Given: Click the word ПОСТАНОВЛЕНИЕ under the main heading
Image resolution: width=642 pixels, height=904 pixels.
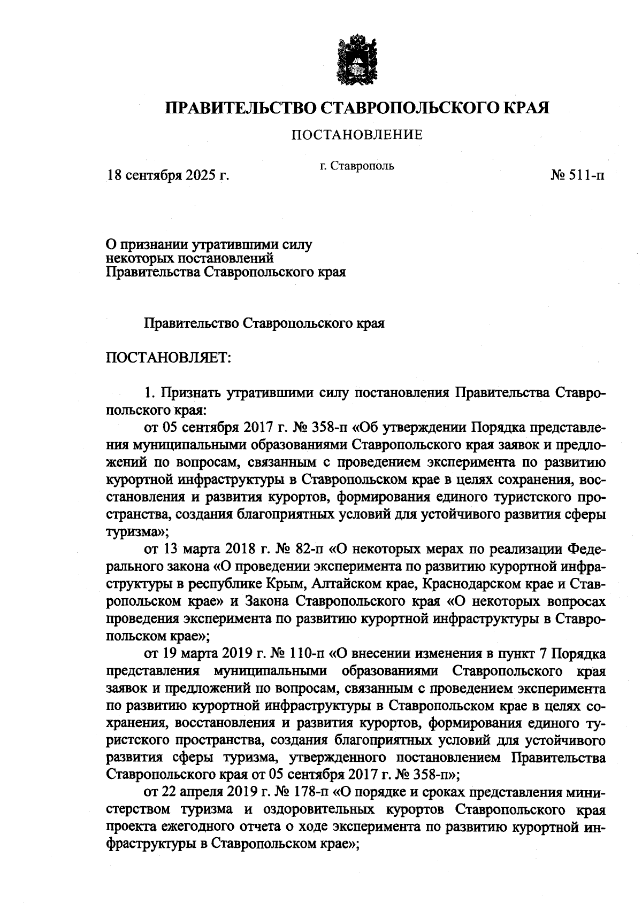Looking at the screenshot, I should (x=357, y=135).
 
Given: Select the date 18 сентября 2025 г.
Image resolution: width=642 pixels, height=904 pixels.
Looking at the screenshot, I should (x=168, y=175).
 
